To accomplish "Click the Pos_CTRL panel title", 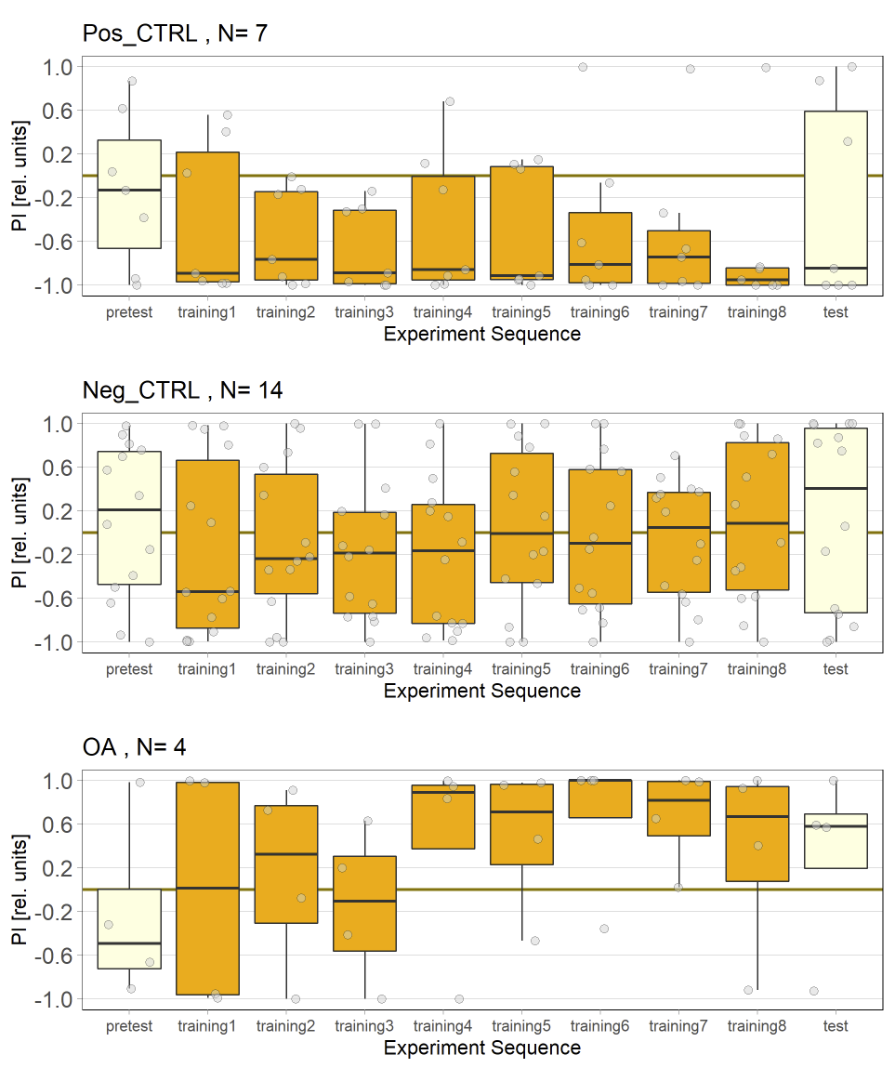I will [x=176, y=34].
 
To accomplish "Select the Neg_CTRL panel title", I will [x=182, y=391].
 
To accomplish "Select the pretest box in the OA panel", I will [x=129, y=929].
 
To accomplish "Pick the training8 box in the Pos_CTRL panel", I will [x=757, y=276].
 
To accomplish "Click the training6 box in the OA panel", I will [x=600, y=798].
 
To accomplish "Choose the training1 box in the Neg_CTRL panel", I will [x=208, y=544].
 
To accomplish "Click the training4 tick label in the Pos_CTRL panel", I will [x=443, y=312].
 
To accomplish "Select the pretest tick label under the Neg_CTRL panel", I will [x=129, y=669].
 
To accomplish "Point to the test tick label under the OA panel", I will [x=836, y=1026].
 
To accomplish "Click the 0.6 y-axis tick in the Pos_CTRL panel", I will [x=57, y=111].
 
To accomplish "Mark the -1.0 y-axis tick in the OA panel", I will [x=55, y=999].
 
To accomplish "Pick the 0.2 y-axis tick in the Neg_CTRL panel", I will [x=57, y=511].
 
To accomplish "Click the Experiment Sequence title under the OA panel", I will [x=481, y=1048].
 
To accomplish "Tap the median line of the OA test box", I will [x=836, y=826].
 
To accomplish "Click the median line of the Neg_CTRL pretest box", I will [x=129, y=509].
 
